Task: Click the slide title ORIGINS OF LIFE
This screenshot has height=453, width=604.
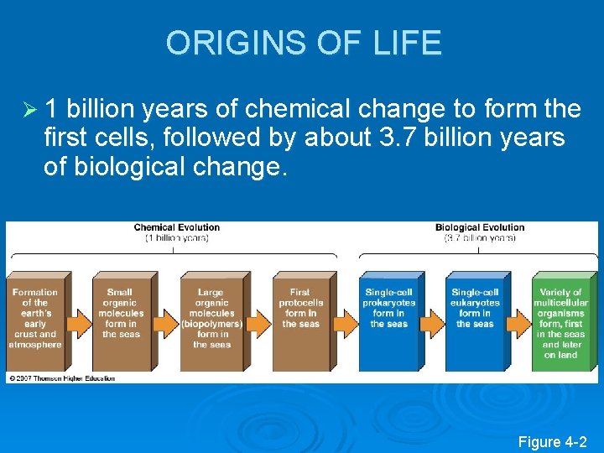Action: (x=304, y=43)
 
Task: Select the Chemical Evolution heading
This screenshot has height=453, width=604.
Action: (x=176, y=227)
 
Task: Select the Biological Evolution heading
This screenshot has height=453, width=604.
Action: (x=479, y=227)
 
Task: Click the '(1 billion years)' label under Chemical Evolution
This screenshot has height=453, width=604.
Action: (x=176, y=238)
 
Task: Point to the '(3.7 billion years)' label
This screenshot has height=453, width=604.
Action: (x=479, y=238)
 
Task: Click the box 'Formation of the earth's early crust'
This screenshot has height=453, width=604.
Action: (x=35, y=319)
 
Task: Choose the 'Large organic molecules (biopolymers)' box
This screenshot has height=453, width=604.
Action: (x=211, y=319)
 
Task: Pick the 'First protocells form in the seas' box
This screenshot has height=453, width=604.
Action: (x=299, y=319)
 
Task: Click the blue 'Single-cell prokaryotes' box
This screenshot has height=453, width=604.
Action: (x=388, y=319)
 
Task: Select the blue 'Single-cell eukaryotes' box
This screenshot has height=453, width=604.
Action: (x=475, y=319)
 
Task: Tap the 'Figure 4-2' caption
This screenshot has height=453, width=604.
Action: (x=552, y=441)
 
